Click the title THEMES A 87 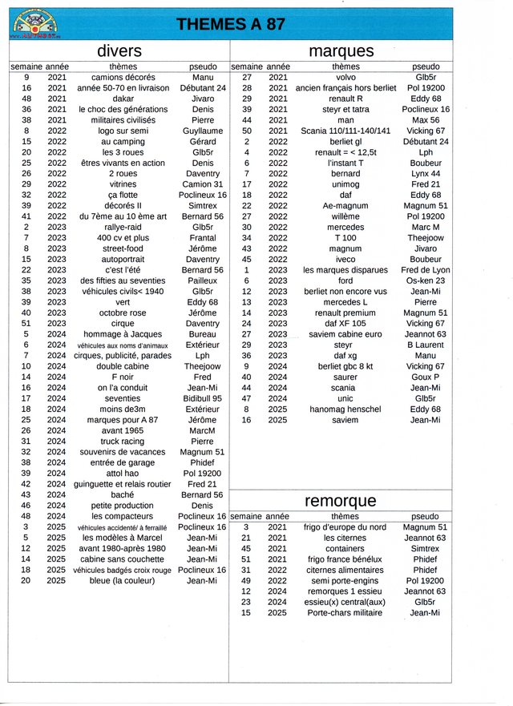(x=231, y=24)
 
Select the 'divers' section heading (x=119, y=51)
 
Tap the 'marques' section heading (x=341, y=51)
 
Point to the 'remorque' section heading (x=341, y=501)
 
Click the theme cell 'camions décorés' (x=123, y=78)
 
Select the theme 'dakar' (x=123, y=99)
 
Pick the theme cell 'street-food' (x=123, y=248)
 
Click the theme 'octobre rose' (x=123, y=313)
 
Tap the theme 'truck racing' (x=123, y=441)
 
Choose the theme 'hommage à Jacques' (x=123, y=334)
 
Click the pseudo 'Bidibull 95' (x=202, y=398)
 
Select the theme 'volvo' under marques (x=345, y=78)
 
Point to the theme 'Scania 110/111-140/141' (x=345, y=131)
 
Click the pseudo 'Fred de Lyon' (x=426, y=270)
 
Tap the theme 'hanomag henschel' (x=345, y=409)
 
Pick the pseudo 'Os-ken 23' (x=426, y=280)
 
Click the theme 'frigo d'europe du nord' (x=345, y=527)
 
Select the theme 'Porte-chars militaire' (x=345, y=613)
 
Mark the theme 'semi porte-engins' (x=345, y=580)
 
